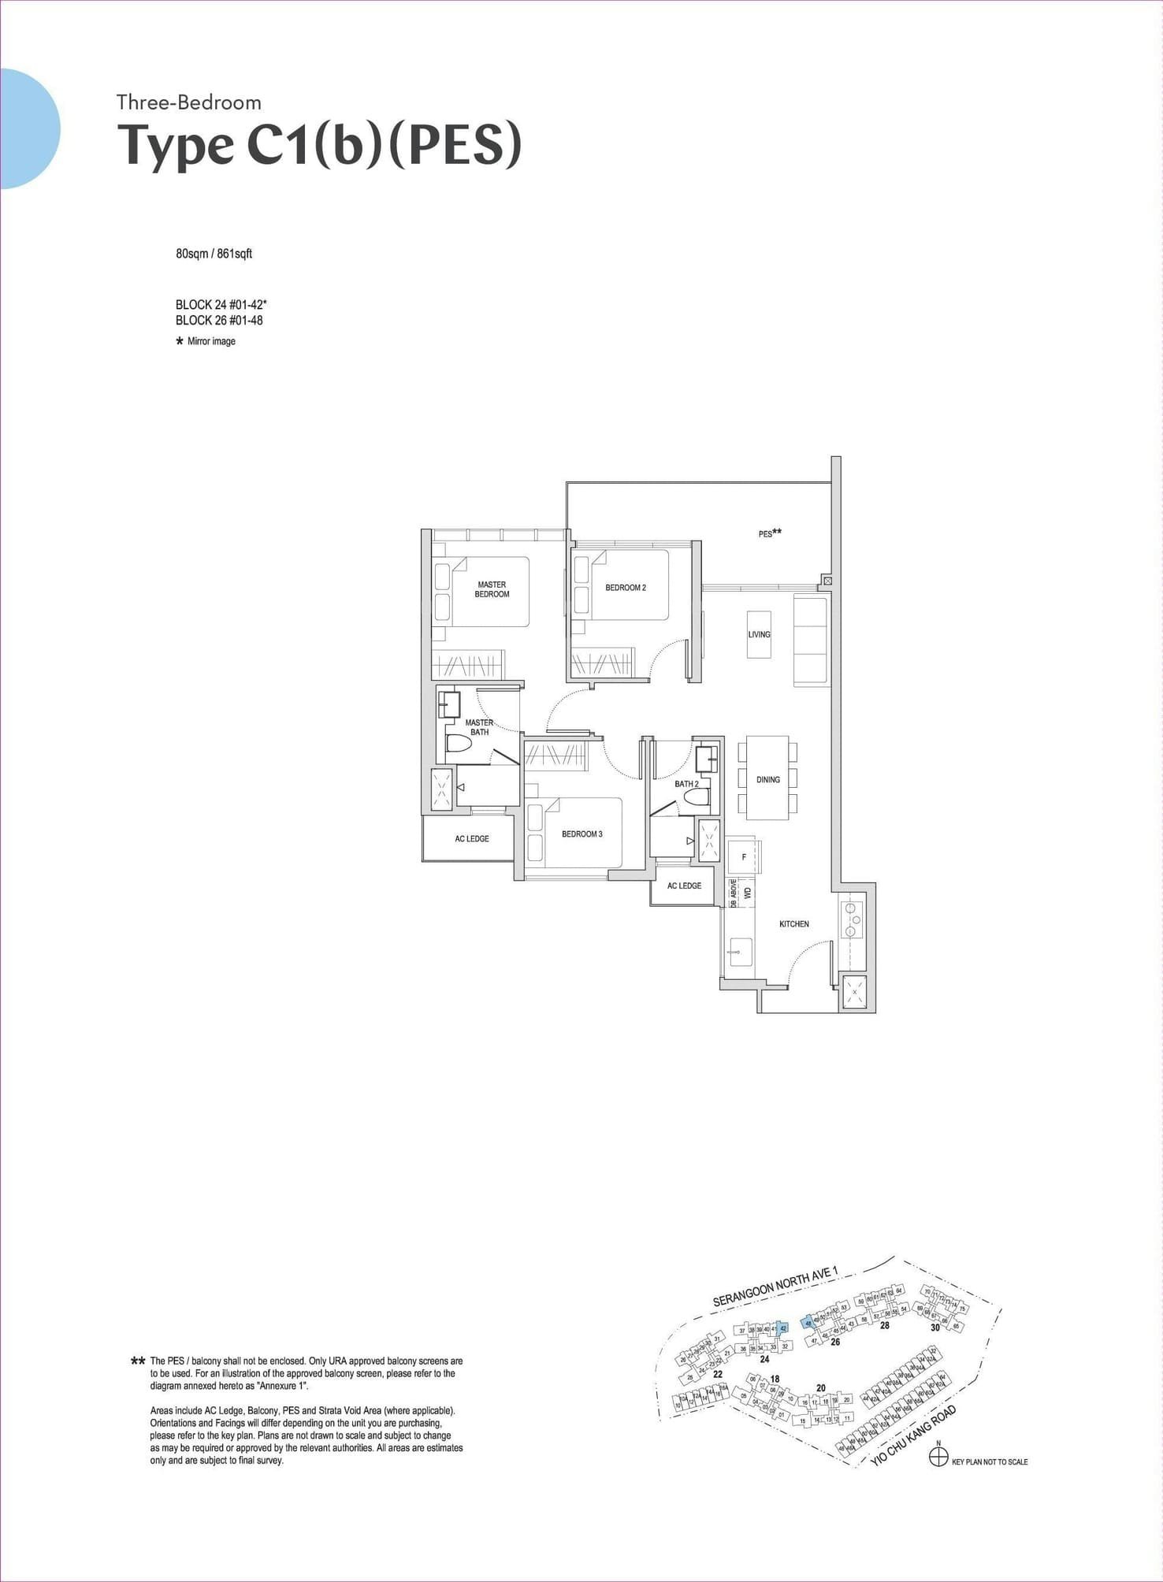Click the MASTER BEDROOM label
pos(492,589)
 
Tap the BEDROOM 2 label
pos(626,588)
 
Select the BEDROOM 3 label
pos(582,834)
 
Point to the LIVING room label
pos(760,634)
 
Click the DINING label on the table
pos(768,780)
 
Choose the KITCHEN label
pos(794,924)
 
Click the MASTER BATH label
pos(479,727)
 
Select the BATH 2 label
pos(686,784)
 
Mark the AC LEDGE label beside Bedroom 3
pos(472,839)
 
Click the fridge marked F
pos(744,857)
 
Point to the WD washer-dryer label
pos(749,893)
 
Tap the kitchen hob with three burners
pos(852,920)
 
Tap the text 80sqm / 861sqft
pos(214,254)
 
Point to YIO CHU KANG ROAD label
pos(914,1436)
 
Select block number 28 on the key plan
pos(885,1325)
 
